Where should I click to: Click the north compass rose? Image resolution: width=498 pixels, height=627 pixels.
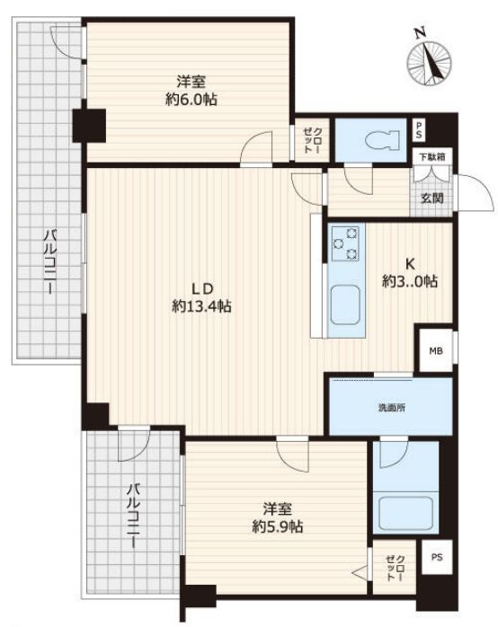point(429,63)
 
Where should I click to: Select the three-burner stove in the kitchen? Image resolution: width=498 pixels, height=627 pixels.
point(345,243)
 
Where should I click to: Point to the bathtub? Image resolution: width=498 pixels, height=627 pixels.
point(405,513)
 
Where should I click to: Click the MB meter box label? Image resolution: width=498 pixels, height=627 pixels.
point(436,351)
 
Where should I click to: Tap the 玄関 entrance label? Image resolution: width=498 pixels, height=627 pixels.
point(432,198)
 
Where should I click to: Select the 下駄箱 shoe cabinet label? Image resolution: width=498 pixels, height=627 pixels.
point(432,157)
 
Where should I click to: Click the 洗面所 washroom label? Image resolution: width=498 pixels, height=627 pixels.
point(392,408)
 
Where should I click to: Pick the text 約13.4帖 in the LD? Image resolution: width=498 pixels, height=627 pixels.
point(201,306)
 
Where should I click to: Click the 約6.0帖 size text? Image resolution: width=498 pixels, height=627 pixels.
point(191,99)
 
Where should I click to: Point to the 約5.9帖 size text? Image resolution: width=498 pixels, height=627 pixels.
point(277,526)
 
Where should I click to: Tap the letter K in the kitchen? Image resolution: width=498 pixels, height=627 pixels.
point(410,263)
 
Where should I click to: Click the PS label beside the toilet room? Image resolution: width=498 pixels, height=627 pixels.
point(418,130)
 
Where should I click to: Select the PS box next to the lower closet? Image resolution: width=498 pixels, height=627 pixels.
point(437,557)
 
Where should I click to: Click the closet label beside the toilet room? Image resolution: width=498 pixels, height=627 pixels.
point(313,140)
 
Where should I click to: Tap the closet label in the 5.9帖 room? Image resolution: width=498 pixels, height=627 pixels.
point(395,568)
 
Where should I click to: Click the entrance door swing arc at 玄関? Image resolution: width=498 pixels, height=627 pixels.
point(480,188)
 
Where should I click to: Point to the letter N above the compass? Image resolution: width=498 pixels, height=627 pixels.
point(420,33)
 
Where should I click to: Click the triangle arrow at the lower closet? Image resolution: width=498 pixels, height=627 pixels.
point(359,572)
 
